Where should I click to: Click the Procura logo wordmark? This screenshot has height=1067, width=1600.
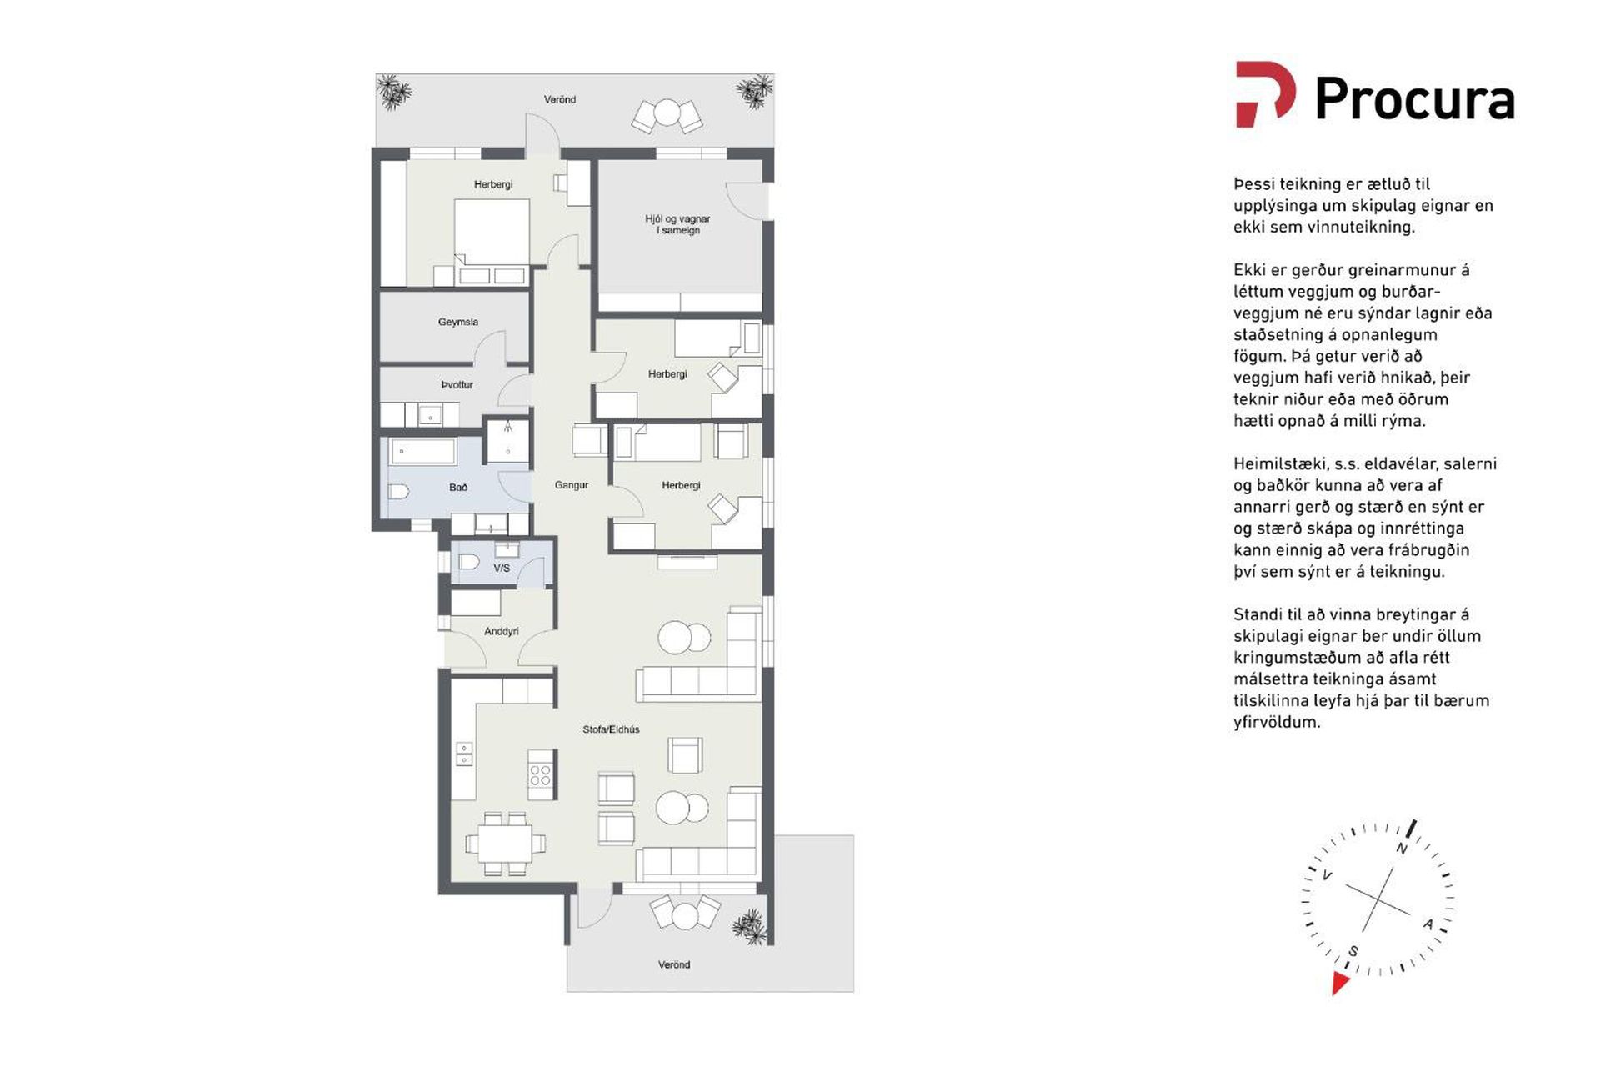click(x=1414, y=99)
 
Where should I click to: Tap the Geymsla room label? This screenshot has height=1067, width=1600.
click(x=458, y=322)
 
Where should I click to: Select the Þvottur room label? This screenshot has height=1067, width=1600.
click(x=457, y=384)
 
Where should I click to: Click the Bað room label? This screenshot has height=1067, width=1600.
click(x=458, y=487)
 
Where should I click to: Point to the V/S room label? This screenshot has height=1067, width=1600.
click(x=502, y=568)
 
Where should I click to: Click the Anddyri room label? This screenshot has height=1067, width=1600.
click(x=502, y=631)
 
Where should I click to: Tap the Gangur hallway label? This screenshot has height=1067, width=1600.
click(x=572, y=484)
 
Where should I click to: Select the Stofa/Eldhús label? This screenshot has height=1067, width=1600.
click(x=612, y=729)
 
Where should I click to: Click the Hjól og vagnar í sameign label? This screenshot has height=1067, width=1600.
click(x=677, y=224)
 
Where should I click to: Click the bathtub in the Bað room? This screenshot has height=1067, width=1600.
click(x=423, y=452)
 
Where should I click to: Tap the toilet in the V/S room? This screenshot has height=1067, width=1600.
click(x=468, y=562)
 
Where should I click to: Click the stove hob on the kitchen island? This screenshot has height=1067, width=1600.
click(x=541, y=775)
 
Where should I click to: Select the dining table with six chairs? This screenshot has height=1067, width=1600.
click(x=506, y=844)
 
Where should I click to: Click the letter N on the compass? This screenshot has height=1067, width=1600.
click(x=1402, y=849)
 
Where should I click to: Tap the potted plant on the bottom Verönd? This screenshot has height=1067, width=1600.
click(x=749, y=926)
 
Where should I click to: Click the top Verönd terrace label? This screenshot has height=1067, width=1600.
click(x=560, y=99)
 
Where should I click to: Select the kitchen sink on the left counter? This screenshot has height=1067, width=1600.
click(x=464, y=754)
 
